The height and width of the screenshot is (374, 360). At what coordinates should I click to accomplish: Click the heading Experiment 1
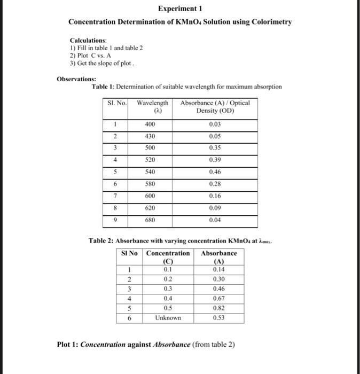pos(180,9)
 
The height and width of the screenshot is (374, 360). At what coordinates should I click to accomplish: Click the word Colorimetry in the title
pos(270,22)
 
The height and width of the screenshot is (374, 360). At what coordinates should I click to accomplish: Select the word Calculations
pos(88,41)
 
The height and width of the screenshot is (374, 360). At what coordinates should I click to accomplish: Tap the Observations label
pos(74,79)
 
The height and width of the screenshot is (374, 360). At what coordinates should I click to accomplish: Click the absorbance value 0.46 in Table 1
pos(215,172)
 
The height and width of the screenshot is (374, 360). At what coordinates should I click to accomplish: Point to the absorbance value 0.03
pos(215,124)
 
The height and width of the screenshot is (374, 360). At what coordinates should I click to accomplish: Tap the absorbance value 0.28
pos(215,184)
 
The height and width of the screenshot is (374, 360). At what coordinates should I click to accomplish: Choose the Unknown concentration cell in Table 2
pos(168,318)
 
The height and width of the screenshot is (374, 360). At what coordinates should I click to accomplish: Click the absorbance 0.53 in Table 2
pos(219,318)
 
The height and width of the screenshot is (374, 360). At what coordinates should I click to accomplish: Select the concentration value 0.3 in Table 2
pos(168,289)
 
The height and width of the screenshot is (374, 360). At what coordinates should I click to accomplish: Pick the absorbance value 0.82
pos(219,308)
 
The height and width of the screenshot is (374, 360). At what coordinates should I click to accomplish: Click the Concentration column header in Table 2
pos(168,253)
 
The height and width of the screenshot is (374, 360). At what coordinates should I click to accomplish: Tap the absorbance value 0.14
pos(219,270)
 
